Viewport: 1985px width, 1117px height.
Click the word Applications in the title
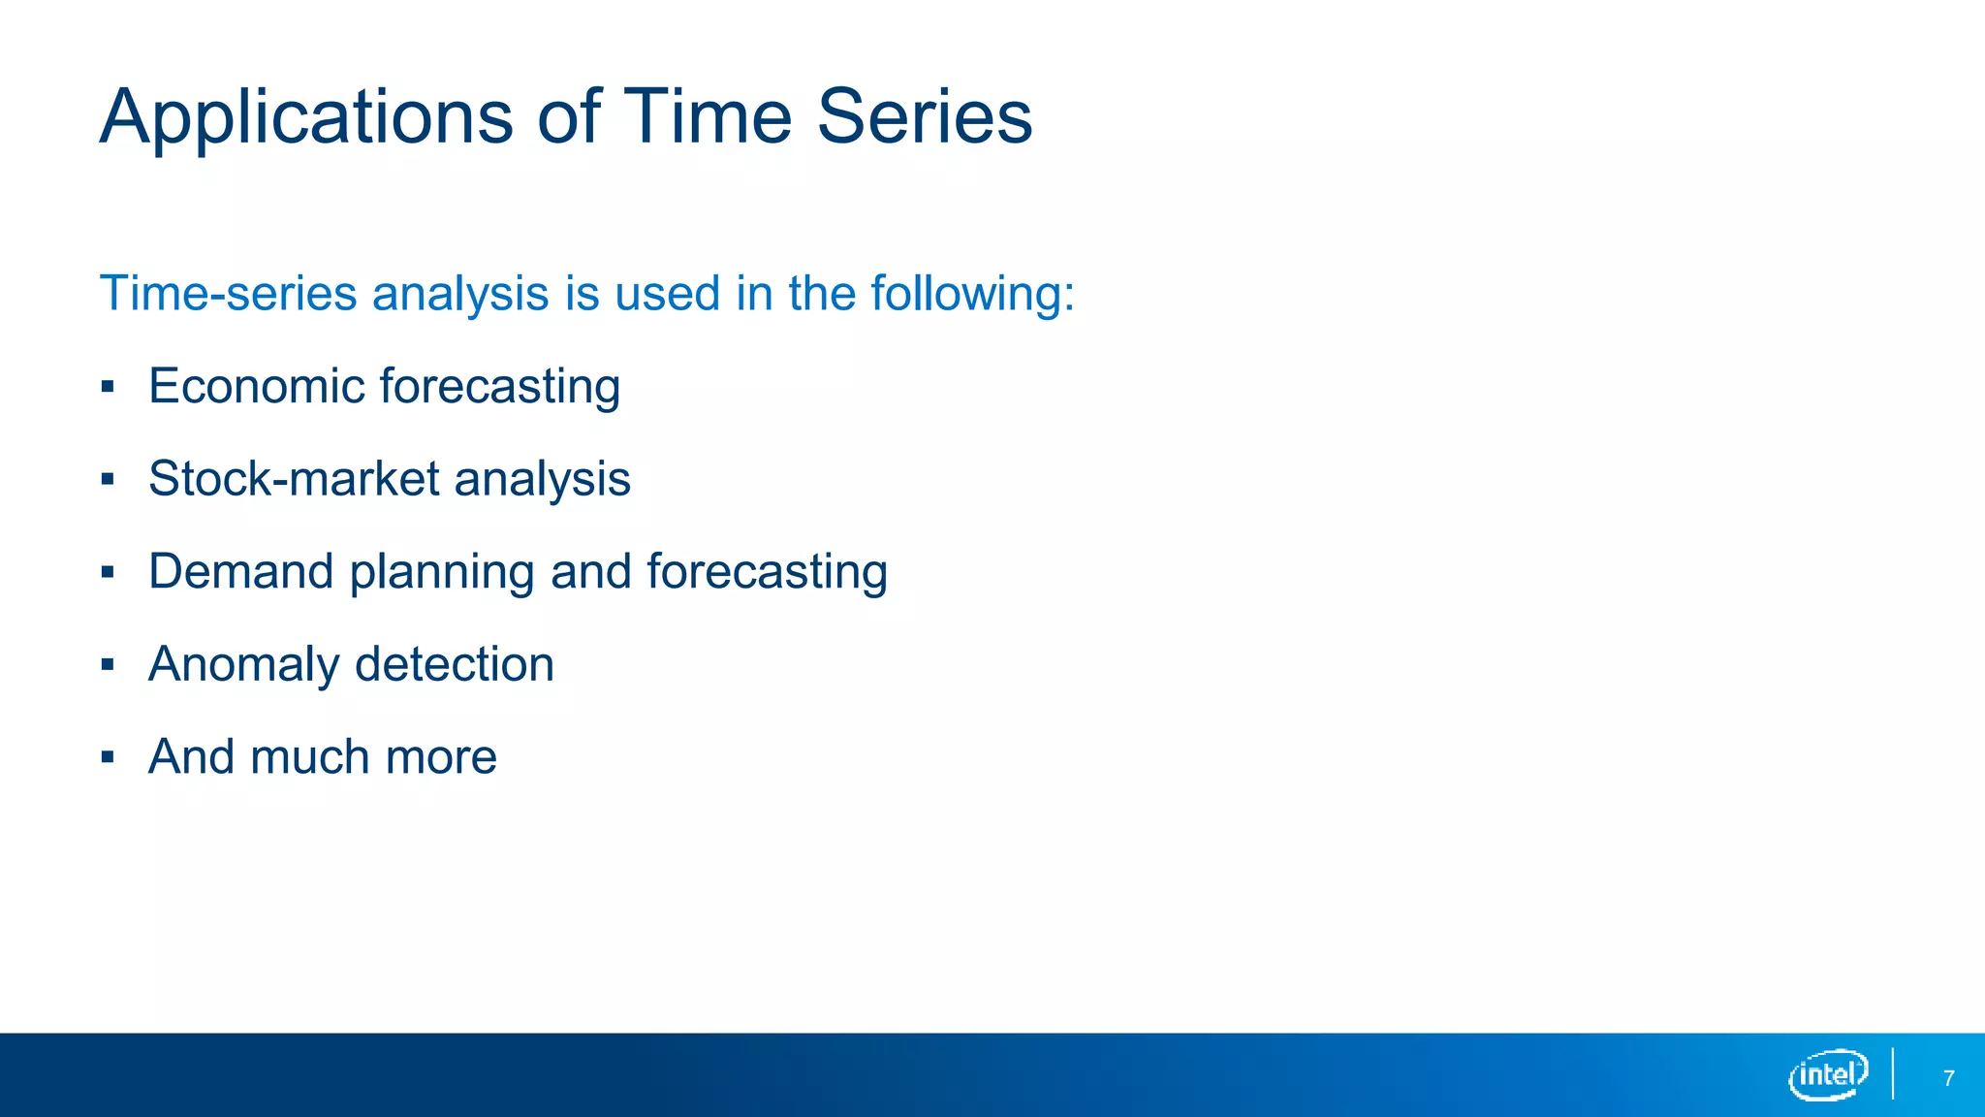point(306,118)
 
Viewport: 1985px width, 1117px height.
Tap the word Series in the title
point(925,116)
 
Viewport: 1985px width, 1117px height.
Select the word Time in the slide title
point(708,116)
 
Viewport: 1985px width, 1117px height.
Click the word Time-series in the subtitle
point(228,293)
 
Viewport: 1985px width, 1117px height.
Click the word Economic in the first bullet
point(256,386)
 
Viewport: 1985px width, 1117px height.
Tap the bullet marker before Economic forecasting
point(108,388)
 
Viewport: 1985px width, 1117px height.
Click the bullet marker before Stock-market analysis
point(108,480)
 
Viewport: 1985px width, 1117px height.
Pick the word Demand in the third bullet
point(241,571)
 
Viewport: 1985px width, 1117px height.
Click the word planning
point(441,573)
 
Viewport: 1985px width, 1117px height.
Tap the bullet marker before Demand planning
point(108,573)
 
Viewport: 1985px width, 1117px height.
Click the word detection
point(455,664)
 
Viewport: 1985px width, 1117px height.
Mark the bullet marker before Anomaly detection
point(108,665)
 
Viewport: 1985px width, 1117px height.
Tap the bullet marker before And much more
point(108,758)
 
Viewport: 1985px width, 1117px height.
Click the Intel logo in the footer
point(1828,1074)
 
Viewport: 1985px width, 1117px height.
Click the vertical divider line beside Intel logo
point(1893,1073)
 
